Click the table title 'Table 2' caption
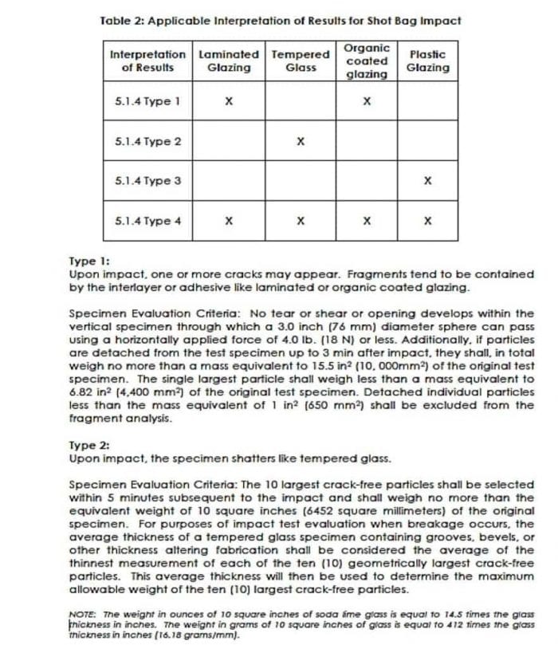click(281, 20)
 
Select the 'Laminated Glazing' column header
click(229, 61)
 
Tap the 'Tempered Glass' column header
click(300, 61)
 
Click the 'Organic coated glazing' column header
click(367, 61)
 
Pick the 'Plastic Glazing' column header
click(427, 61)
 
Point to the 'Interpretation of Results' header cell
click(149, 61)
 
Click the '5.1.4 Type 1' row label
click(148, 102)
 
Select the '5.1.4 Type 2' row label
click(148, 142)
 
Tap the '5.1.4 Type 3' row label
click(148, 181)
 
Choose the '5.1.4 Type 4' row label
click(148, 221)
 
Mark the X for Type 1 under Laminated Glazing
click(229, 102)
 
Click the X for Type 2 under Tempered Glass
click(300, 142)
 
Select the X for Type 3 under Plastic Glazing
click(428, 181)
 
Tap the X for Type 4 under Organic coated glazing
click(367, 221)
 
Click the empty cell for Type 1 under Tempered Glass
click(300, 102)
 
